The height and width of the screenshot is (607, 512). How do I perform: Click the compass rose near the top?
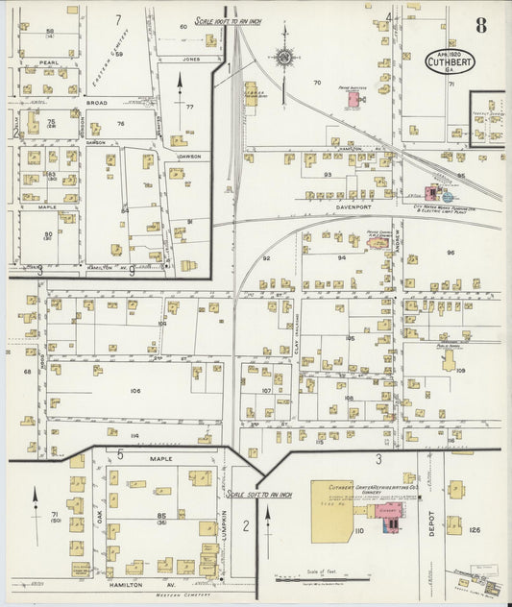pos(284,57)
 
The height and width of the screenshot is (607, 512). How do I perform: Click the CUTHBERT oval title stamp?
pos(450,61)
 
